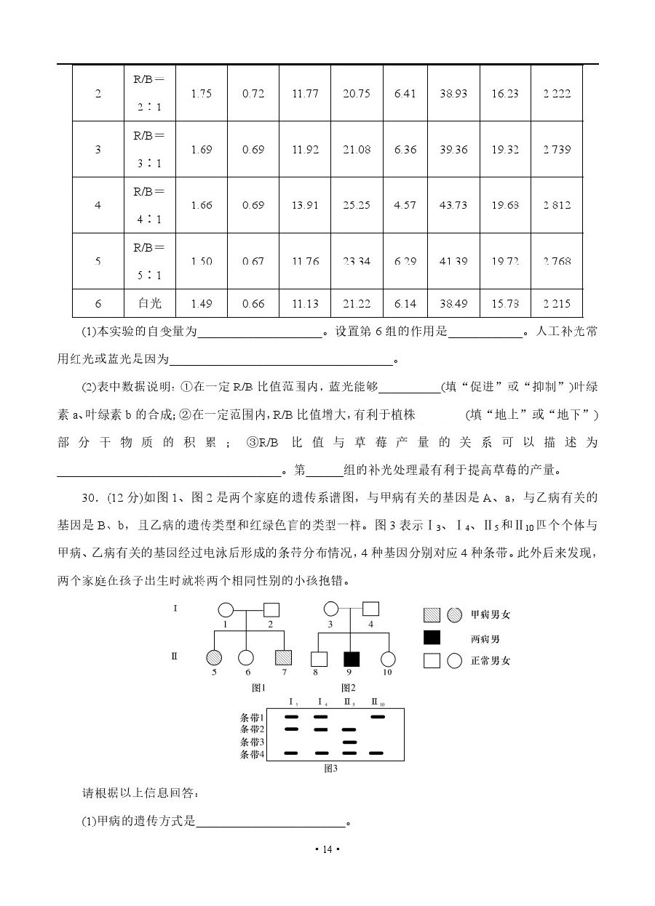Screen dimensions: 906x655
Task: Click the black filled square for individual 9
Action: pyautogui.click(x=352, y=659)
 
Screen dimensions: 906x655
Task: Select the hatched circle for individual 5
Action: pyautogui.click(x=215, y=658)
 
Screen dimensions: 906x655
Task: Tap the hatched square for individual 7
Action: pyautogui.click(x=284, y=658)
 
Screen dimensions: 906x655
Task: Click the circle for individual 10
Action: pyautogui.click(x=388, y=659)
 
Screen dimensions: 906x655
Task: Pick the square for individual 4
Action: pyautogui.click(x=370, y=609)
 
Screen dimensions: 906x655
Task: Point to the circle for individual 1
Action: pyautogui.click(x=226, y=609)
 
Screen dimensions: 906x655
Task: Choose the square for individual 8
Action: pyautogui.click(x=318, y=659)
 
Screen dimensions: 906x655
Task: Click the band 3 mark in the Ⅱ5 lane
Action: pyautogui.click(x=349, y=742)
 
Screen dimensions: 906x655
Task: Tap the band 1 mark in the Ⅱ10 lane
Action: pyautogui.click(x=378, y=716)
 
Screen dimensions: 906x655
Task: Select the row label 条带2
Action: pyautogui.click(x=252, y=729)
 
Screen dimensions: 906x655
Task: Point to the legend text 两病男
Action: pyautogui.click(x=485, y=639)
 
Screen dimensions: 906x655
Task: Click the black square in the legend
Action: pyautogui.click(x=432, y=638)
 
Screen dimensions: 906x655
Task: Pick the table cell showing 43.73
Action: pyautogui.click(x=453, y=205)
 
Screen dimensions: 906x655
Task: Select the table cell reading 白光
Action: pyautogui.click(x=150, y=303)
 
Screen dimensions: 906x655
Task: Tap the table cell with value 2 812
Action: pyautogui.click(x=557, y=205)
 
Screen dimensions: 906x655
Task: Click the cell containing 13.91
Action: pyautogui.click(x=305, y=205)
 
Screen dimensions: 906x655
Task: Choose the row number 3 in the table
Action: pyautogui.click(x=98, y=150)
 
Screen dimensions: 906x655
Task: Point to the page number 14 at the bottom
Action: pyautogui.click(x=327, y=849)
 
